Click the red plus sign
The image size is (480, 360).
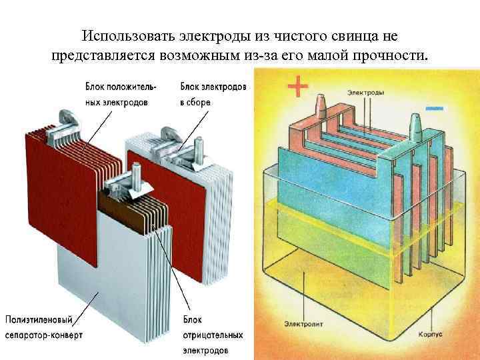pyautogui.click(x=298, y=87)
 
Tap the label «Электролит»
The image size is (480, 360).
pyautogui.click(x=303, y=325)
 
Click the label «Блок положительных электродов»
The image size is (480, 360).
pyautogui.click(x=121, y=95)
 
